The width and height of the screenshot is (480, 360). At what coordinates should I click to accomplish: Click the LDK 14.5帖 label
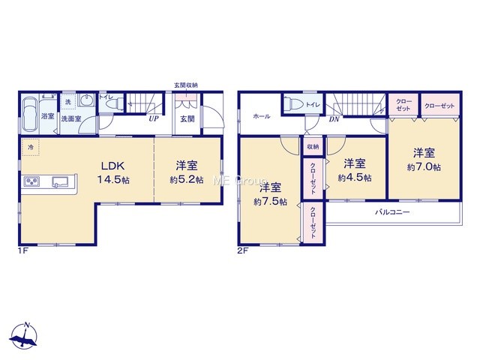click(x=113, y=172)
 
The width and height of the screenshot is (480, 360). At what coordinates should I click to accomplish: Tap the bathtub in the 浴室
click(x=30, y=115)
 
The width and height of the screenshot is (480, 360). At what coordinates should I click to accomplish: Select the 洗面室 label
click(x=71, y=118)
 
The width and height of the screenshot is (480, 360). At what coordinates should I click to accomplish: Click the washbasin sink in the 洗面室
click(x=88, y=100)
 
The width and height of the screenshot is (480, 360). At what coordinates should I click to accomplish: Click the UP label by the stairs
click(x=154, y=118)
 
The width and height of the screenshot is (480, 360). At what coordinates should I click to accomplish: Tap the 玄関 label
click(x=187, y=118)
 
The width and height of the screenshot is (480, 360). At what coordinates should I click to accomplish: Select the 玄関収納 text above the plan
click(x=186, y=85)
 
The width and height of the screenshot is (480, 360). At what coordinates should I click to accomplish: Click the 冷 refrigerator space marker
click(x=31, y=147)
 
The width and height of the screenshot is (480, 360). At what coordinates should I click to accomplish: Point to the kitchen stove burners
click(x=31, y=181)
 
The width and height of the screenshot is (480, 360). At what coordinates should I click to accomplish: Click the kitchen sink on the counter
click(x=61, y=181)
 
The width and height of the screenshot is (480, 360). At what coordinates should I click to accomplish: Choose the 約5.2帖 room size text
click(x=187, y=180)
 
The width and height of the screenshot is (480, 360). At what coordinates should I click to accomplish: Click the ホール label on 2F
click(x=262, y=116)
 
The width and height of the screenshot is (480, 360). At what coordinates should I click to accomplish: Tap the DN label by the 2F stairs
click(x=334, y=119)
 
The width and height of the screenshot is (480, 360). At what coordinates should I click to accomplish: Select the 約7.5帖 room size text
click(x=270, y=202)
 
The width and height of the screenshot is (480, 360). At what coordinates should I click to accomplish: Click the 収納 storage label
click(x=313, y=147)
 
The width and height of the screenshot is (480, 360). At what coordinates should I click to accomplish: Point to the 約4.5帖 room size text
click(x=355, y=178)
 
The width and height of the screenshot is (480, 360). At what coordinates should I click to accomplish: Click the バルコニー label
click(x=392, y=211)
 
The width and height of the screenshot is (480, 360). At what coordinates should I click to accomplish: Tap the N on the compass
click(x=27, y=325)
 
